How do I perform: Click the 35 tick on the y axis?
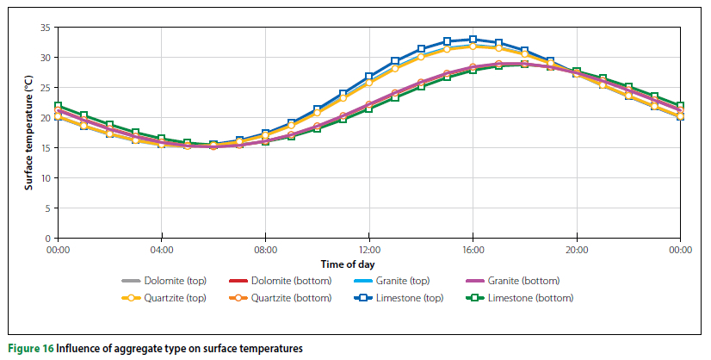click(x=46, y=28)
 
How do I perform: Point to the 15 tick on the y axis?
click(x=46, y=148)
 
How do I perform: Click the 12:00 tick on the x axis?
click(x=369, y=250)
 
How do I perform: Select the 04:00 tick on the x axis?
click(x=162, y=250)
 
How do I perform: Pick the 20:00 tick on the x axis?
click(x=577, y=250)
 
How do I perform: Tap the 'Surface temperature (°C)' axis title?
click(x=28, y=133)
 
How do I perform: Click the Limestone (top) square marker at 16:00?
click(x=473, y=40)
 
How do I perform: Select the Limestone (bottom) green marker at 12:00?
click(x=369, y=109)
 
